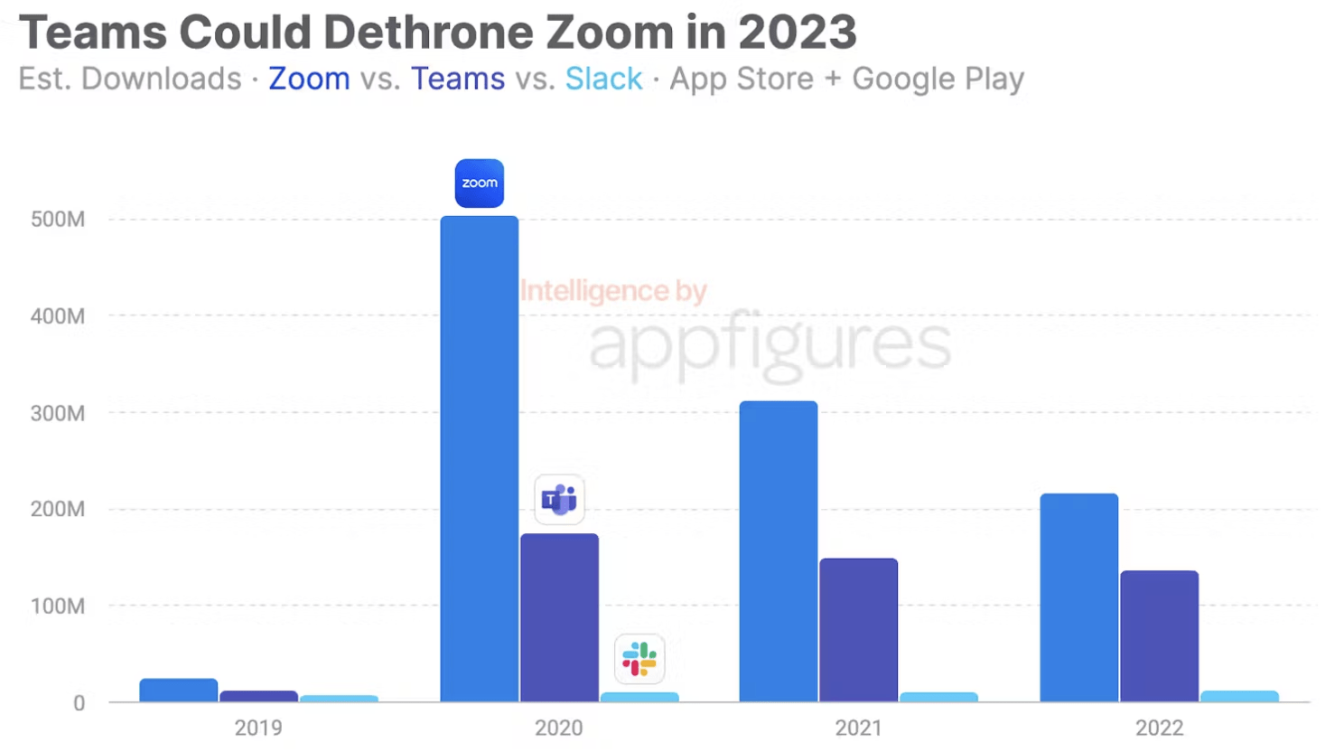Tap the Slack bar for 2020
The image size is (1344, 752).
click(x=639, y=697)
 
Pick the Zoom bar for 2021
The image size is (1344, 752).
click(x=778, y=550)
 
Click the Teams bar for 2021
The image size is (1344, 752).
click(x=858, y=629)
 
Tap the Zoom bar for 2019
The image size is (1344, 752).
click(x=178, y=690)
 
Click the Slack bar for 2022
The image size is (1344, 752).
click(x=1239, y=696)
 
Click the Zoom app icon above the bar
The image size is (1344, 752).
click(x=479, y=183)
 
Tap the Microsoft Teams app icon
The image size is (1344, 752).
click(x=559, y=499)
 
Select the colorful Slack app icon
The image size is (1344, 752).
click(x=639, y=659)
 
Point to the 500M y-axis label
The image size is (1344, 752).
click(x=58, y=220)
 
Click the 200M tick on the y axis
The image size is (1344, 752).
click(x=58, y=509)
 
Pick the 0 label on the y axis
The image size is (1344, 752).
click(x=79, y=703)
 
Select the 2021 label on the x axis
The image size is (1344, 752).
click(x=858, y=728)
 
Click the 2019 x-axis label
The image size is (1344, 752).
click(x=258, y=728)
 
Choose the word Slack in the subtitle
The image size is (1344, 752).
click(x=603, y=80)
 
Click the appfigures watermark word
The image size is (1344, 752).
click(x=770, y=343)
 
